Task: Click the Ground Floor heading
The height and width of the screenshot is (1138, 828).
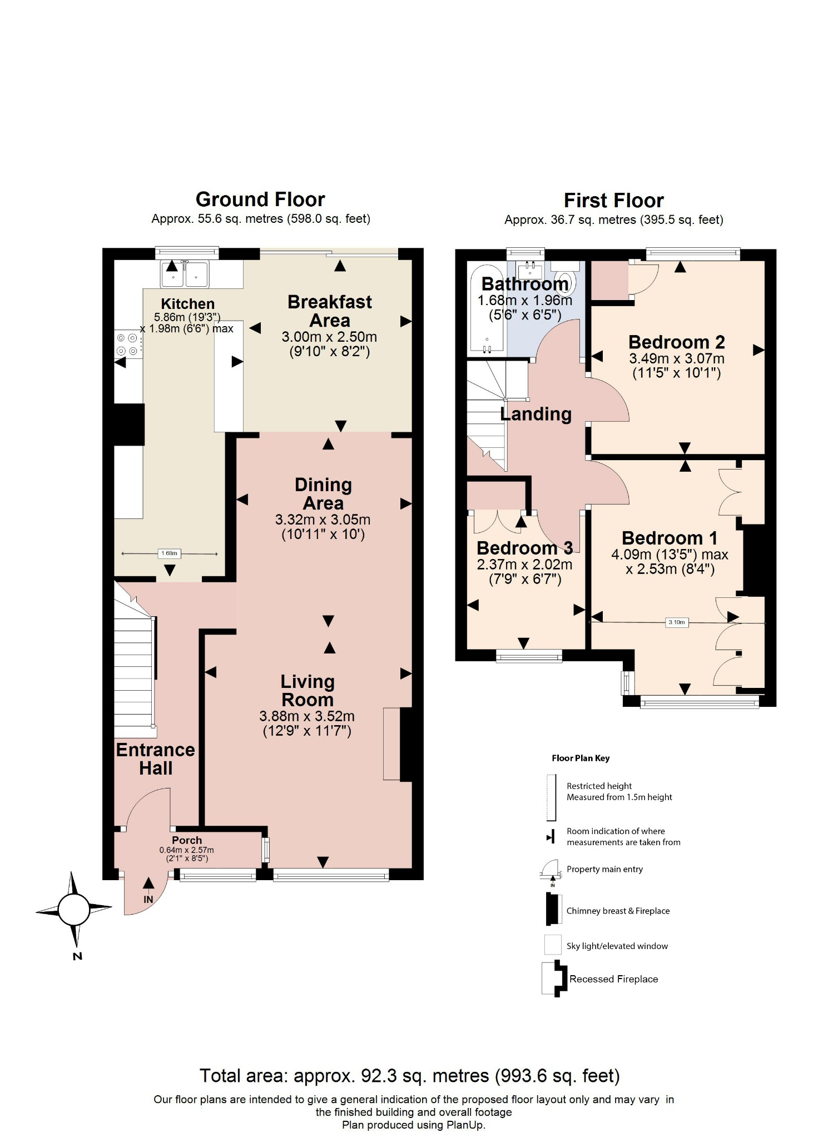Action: (260, 199)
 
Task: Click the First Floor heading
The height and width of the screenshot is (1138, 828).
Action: (613, 201)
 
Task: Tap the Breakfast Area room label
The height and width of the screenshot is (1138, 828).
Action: (330, 311)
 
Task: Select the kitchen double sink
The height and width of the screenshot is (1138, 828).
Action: (185, 274)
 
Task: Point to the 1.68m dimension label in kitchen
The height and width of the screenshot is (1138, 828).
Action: (169, 553)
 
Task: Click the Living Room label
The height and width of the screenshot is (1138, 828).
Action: (307, 691)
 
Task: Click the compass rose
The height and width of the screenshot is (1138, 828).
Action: (74, 910)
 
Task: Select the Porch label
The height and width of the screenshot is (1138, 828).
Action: (187, 840)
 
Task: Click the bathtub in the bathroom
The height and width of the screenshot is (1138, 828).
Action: (487, 311)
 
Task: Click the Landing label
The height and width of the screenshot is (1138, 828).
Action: (536, 414)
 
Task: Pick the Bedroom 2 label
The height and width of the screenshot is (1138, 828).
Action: (676, 342)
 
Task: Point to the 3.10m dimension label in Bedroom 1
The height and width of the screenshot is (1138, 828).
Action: (677, 622)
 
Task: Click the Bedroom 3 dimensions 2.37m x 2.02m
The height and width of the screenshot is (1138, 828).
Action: (524, 565)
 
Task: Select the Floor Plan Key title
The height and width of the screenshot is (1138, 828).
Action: (581, 758)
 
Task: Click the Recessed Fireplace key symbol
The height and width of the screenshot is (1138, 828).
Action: (554, 979)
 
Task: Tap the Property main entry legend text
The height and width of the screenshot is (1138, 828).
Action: (604, 869)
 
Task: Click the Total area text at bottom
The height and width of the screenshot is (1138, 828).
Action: (409, 1076)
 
